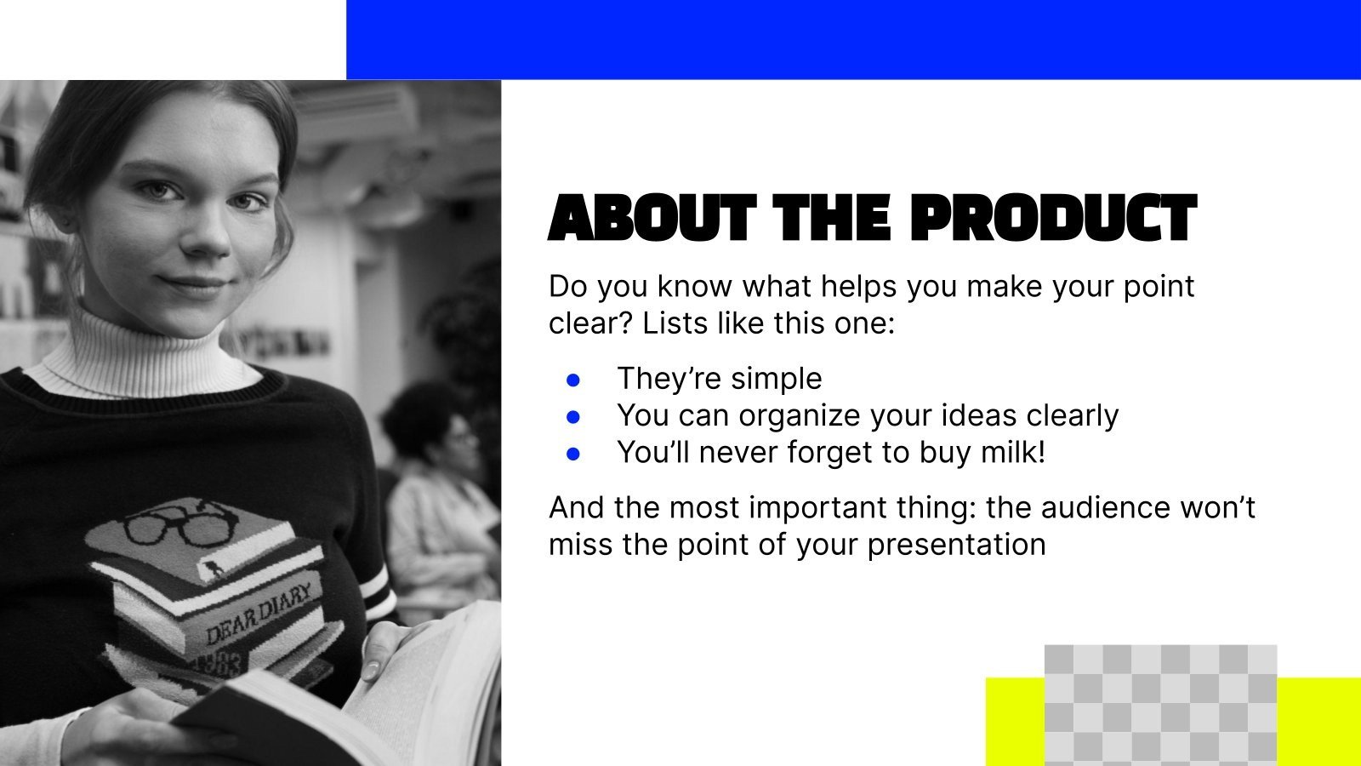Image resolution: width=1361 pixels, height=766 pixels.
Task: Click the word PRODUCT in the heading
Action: tap(1052, 219)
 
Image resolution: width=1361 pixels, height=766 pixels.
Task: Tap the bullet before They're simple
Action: tap(573, 380)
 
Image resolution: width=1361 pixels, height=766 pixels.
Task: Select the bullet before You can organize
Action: tap(573, 417)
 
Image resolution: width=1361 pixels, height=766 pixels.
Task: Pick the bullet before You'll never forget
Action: tap(573, 454)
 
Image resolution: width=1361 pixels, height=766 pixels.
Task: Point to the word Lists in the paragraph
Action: tap(671, 323)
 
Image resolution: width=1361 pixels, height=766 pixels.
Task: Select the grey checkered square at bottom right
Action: tap(1160, 705)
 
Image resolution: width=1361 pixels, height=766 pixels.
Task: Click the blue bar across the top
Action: tap(851, 39)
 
